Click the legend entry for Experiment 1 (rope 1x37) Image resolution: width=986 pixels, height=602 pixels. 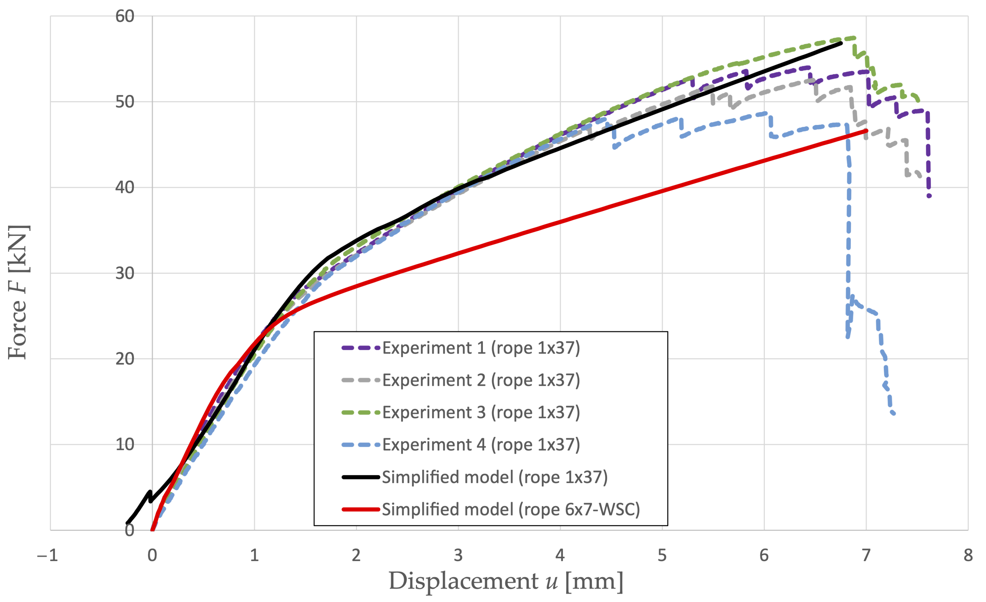point(481,348)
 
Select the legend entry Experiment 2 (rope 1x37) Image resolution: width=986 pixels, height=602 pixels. point(481,380)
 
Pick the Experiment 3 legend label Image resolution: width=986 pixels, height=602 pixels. point(481,412)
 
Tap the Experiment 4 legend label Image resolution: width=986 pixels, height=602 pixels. point(481,445)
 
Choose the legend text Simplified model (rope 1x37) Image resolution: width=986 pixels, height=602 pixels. point(494,477)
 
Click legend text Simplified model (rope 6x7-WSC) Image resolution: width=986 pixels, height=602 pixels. point(511,509)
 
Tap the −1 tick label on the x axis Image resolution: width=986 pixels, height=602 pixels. point(47,556)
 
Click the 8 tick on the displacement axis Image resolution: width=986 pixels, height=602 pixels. point(968,556)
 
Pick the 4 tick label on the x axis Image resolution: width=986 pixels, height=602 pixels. point(560,556)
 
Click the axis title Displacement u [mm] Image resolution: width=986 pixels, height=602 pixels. point(506,581)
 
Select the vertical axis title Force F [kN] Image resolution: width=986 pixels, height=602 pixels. point(18,292)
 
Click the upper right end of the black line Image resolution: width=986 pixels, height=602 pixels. point(841,43)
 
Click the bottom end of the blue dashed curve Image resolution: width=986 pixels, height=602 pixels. point(894,414)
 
